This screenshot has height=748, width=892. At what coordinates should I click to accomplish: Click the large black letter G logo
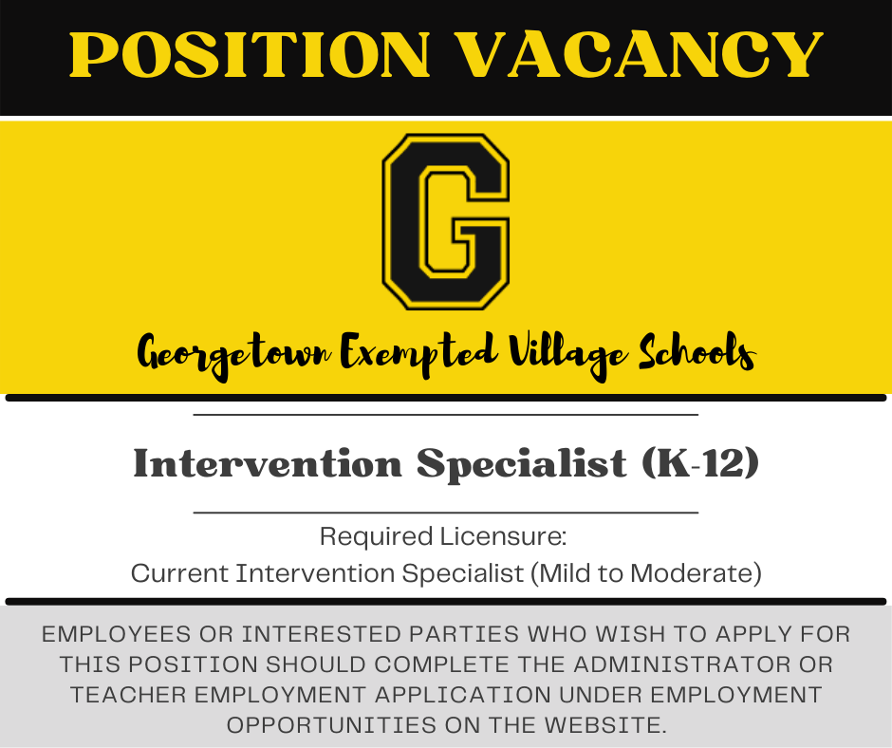446,221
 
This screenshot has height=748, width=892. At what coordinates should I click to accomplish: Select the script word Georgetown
234,354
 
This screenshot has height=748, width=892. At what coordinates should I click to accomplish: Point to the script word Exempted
419,353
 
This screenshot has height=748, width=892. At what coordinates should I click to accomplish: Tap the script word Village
568,354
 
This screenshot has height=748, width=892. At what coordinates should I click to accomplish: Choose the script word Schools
697,352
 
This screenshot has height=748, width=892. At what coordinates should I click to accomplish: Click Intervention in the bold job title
268,462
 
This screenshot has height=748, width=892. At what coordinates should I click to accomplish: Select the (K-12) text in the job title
700,462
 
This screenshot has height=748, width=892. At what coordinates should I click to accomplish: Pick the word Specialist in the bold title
522,464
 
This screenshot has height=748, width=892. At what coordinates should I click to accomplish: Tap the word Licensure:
504,536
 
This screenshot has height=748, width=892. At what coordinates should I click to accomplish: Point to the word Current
179,573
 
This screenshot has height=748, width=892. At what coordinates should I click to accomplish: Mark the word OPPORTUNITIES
332,725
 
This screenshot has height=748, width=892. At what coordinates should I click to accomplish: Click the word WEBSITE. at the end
604,725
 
